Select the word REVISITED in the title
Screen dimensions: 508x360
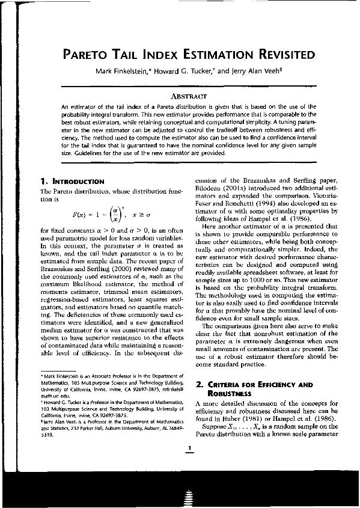pyautogui.click(x=281, y=55)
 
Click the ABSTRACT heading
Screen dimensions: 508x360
pyautogui.click(x=189, y=96)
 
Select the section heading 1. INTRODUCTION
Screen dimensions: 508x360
pyautogui.click(x=71, y=181)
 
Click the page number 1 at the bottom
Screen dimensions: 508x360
pyautogui.click(x=189, y=448)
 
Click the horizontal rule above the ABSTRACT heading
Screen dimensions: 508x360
pyautogui.click(x=189, y=88)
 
